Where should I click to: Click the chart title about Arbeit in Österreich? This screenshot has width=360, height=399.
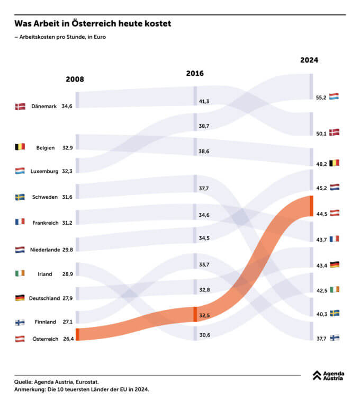click(x=92, y=24)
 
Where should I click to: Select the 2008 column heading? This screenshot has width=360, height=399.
click(x=75, y=79)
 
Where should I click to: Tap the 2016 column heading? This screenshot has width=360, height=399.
click(x=195, y=74)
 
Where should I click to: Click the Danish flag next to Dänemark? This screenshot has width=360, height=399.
click(x=20, y=107)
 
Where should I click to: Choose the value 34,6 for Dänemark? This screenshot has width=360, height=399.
click(x=67, y=107)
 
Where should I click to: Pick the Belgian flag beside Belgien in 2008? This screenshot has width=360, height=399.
click(x=20, y=147)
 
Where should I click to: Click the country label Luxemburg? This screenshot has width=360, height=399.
click(x=44, y=171)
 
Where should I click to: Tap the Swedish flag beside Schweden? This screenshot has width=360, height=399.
click(x=20, y=197)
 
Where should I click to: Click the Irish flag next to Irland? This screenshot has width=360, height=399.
click(x=20, y=274)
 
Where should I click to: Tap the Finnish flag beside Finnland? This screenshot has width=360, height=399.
click(x=20, y=322)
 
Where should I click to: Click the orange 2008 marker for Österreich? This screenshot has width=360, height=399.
click(x=77, y=334)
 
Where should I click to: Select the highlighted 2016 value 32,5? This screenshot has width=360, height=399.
click(x=204, y=316)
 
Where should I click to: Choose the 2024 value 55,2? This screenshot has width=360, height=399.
click(x=321, y=98)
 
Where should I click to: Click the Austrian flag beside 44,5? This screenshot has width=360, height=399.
click(x=334, y=213)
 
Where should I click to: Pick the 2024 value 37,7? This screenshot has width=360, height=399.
click(x=321, y=339)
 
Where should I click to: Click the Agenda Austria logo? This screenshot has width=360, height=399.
click(x=328, y=376)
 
